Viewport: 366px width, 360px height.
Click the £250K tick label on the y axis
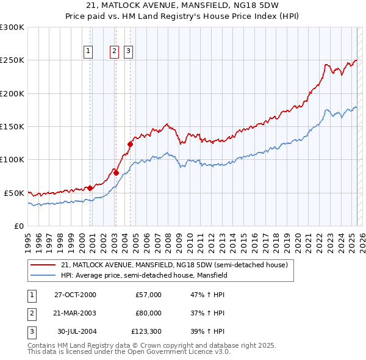12,60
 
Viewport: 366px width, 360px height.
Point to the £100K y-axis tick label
12,159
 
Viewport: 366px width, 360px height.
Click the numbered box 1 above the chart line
89,52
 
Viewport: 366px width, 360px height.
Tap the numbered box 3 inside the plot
129,52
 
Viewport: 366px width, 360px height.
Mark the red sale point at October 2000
90,188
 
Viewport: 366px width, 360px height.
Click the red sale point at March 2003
115,173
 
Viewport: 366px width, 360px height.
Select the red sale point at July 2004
130,145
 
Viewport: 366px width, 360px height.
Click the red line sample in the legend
43,265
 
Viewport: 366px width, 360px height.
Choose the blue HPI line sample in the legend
43,275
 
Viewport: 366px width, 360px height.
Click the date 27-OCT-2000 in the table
75,295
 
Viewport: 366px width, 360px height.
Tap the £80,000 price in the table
148,313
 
